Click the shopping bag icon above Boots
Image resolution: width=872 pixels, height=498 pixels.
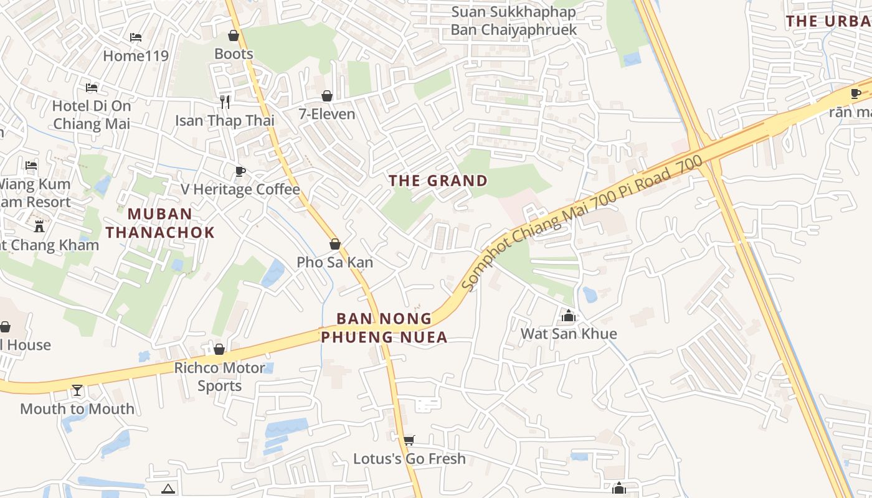(x=234, y=35)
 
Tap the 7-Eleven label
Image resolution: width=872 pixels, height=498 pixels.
(x=327, y=114)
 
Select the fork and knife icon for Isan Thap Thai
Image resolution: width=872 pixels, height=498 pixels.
(x=225, y=101)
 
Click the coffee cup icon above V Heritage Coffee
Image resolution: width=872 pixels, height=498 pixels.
(x=240, y=171)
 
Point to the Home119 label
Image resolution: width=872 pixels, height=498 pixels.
(x=136, y=55)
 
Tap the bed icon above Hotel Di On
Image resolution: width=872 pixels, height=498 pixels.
(x=92, y=87)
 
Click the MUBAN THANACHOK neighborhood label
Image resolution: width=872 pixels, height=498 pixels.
(x=160, y=223)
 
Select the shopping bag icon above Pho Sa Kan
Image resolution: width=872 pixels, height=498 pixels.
(x=335, y=244)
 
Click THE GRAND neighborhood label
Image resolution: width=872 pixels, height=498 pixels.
(x=438, y=181)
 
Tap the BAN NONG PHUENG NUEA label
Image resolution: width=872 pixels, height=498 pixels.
(x=384, y=327)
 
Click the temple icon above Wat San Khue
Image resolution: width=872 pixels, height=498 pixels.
(x=568, y=316)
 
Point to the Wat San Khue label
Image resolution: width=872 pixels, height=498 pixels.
(x=569, y=334)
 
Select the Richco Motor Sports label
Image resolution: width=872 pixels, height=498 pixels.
(x=219, y=377)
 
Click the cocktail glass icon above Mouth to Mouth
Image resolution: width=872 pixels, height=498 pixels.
(x=77, y=390)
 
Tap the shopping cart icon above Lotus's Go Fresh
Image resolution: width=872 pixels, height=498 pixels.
(x=409, y=441)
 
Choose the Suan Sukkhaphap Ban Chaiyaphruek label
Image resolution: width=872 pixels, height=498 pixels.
(x=514, y=21)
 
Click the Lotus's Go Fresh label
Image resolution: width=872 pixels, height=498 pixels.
(x=409, y=459)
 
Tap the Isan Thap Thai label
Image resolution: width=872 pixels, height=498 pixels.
(x=224, y=120)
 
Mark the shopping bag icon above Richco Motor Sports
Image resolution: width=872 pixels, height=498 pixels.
(x=219, y=349)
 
